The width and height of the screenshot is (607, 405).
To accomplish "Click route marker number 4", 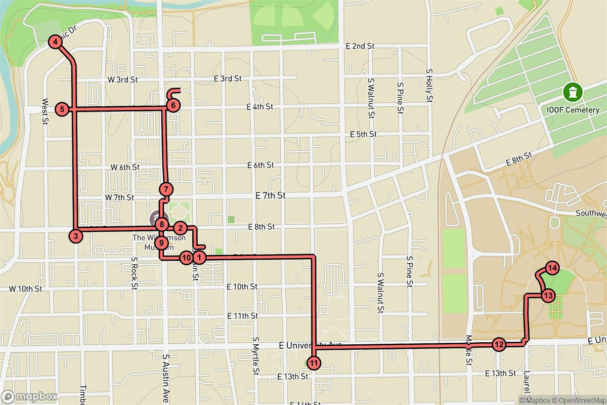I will click(x=54, y=43).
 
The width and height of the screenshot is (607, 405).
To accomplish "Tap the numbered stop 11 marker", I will click(x=314, y=362).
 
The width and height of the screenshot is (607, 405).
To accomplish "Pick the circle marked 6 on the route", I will click(x=172, y=106).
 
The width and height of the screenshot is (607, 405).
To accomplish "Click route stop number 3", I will click(x=75, y=235).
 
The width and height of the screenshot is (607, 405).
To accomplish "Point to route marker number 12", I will click(x=499, y=345).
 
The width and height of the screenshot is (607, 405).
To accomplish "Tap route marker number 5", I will click(x=62, y=109).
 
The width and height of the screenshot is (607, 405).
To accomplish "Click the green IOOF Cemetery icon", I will click(x=572, y=92).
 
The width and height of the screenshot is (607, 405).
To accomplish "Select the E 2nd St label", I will click(x=360, y=46).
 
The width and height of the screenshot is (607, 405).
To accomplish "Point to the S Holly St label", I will click(x=428, y=87).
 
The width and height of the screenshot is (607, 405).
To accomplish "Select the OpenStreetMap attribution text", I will click(x=578, y=400).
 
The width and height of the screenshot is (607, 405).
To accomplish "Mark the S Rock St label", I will click(x=135, y=273).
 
